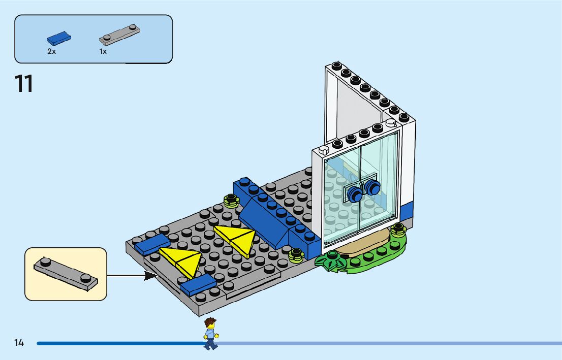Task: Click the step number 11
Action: pos(24,84)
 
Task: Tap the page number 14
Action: pos(19,343)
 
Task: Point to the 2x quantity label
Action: pos(51,51)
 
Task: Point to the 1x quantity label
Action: pos(103,51)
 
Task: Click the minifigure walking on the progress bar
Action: pos(210,333)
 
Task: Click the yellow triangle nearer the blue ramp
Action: pos(235,239)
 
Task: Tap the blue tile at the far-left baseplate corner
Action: pos(149,243)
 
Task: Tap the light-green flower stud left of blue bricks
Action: pos(231,202)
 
